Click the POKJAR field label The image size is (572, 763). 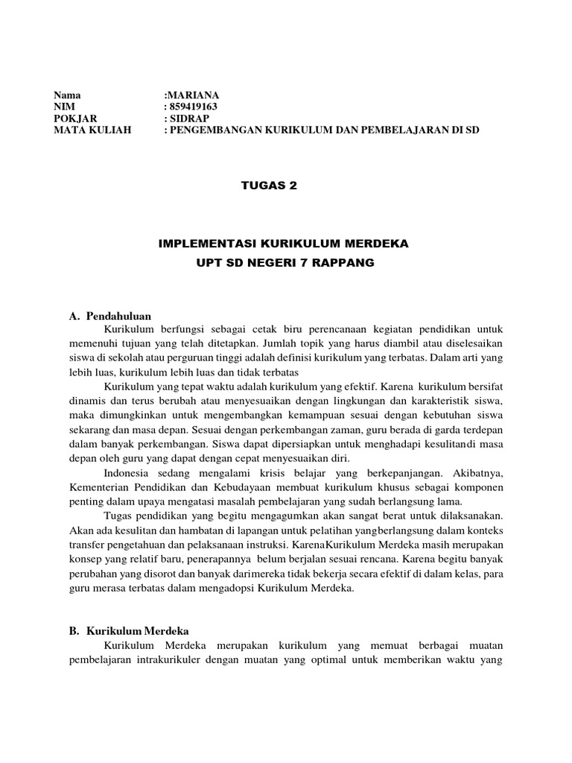tap(75, 118)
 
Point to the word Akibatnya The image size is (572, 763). tap(478, 474)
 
